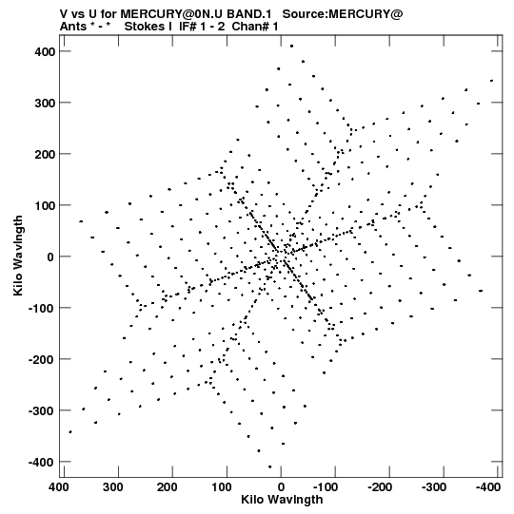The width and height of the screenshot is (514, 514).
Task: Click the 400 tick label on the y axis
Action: (46, 51)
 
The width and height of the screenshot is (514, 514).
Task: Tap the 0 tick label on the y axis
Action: (50, 257)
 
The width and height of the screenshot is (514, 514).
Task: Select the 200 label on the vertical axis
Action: (46, 154)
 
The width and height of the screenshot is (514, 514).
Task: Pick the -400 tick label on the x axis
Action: (488, 487)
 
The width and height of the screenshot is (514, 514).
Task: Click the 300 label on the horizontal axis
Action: (113, 487)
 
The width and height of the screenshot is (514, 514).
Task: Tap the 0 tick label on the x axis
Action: (281, 487)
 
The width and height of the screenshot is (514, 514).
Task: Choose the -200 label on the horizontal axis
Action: (380, 487)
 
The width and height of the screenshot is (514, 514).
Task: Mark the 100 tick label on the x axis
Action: (222, 487)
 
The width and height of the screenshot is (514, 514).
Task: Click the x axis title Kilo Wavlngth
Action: (282, 500)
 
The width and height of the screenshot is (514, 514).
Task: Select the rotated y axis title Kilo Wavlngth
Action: (18, 256)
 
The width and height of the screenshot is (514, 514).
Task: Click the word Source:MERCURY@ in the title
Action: (343, 14)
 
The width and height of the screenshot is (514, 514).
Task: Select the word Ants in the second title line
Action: (72, 27)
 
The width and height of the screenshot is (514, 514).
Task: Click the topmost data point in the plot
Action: (291, 47)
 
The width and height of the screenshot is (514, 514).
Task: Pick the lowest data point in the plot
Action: (270, 466)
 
